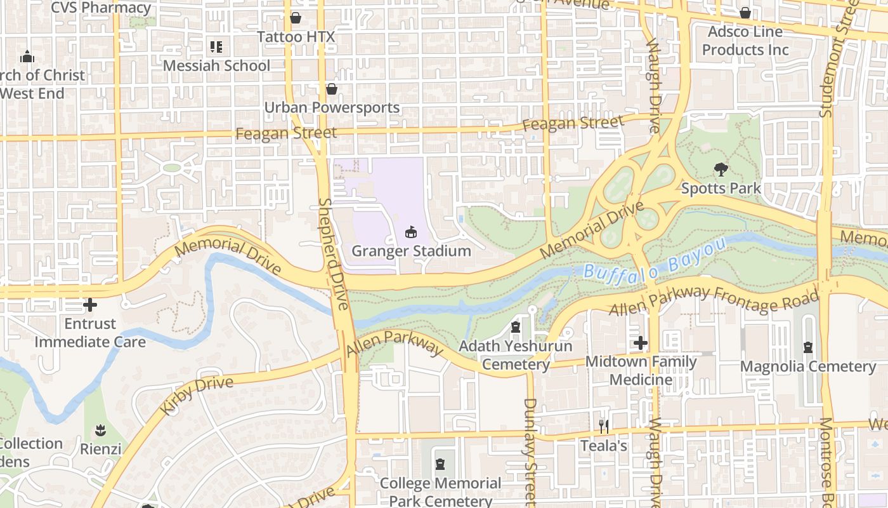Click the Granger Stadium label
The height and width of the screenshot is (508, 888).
click(411, 251)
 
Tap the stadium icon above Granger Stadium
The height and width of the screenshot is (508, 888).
click(411, 232)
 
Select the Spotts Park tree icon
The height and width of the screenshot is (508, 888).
click(721, 170)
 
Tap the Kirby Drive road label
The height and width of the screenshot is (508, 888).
click(197, 394)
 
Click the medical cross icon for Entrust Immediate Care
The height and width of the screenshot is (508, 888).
click(90, 305)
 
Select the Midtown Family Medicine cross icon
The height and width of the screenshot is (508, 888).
click(641, 344)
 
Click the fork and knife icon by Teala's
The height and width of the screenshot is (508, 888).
click(604, 427)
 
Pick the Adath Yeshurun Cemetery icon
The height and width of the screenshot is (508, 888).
click(516, 328)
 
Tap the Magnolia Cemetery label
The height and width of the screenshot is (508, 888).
click(808, 366)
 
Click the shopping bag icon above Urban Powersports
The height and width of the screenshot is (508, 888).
click(331, 89)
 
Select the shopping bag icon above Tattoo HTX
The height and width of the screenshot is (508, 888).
click(296, 18)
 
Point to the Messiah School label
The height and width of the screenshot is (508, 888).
click(216, 65)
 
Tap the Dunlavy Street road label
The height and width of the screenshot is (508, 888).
click(531, 444)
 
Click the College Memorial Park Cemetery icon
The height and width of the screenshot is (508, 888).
click(440, 464)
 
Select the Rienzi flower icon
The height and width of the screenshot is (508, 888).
click(100, 431)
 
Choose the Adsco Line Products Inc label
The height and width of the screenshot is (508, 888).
click(745, 41)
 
